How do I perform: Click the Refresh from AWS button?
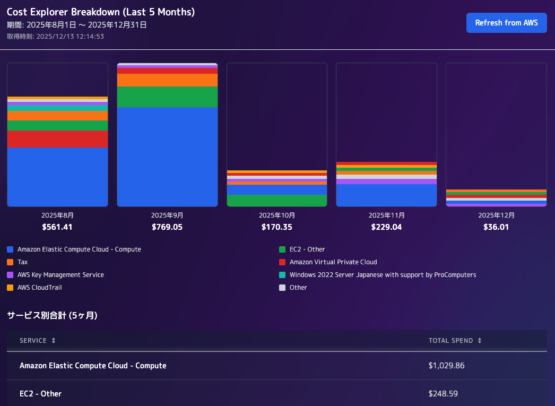point(506,23)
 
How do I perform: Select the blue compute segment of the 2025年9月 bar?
point(167,157)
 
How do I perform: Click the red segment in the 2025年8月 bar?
point(57,139)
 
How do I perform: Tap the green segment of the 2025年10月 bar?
point(277,200)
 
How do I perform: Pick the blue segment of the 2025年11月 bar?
point(386,195)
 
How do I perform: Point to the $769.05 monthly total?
point(167,227)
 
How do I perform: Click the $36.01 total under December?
point(496,227)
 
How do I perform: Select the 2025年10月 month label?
point(277,215)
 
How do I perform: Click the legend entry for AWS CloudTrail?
point(34,288)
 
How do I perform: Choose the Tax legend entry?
point(18,262)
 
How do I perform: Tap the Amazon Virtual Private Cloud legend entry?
point(328,262)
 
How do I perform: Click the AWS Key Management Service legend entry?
point(56,275)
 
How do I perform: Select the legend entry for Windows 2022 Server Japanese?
point(377,275)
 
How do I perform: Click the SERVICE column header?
point(33,341)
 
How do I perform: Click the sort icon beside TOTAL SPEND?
point(480,341)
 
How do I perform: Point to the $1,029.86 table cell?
point(446,365)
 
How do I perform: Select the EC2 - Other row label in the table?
point(40,394)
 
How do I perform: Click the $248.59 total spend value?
point(443,394)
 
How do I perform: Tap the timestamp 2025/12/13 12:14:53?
point(70,37)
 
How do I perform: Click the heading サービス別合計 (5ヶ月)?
point(52,315)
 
